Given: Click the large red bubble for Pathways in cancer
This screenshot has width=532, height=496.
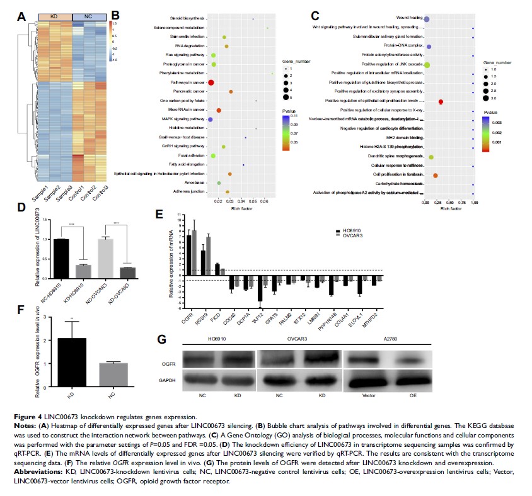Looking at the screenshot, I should click(211, 83).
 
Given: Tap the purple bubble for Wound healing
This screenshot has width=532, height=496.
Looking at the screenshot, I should click(427, 20).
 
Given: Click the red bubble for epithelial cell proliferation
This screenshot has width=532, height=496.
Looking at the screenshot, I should click(441, 101).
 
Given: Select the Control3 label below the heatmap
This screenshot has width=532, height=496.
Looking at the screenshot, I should click(98, 191).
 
